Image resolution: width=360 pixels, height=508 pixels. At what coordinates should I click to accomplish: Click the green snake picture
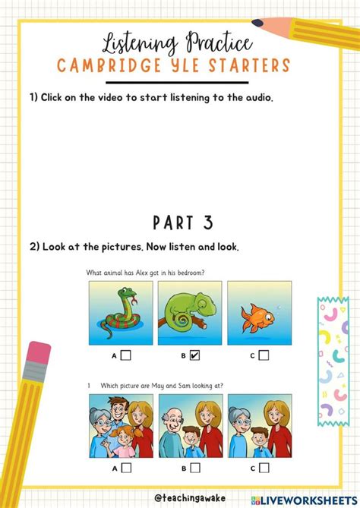click(121, 312)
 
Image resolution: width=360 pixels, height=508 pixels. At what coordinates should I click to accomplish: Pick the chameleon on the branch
click(190, 312)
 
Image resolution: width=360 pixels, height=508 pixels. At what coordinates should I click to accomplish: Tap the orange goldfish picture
click(259, 312)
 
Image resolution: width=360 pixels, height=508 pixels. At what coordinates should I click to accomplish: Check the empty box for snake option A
click(126, 355)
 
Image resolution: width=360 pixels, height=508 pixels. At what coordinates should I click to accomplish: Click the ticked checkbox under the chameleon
click(195, 355)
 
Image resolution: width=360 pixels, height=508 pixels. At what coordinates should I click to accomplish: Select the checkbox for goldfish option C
click(264, 355)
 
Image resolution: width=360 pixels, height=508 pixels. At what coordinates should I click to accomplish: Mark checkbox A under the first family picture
click(126, 468)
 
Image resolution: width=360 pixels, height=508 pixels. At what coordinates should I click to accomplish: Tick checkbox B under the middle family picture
click(195, 468)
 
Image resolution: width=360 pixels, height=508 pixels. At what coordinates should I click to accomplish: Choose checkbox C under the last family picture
click(264, 468)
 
